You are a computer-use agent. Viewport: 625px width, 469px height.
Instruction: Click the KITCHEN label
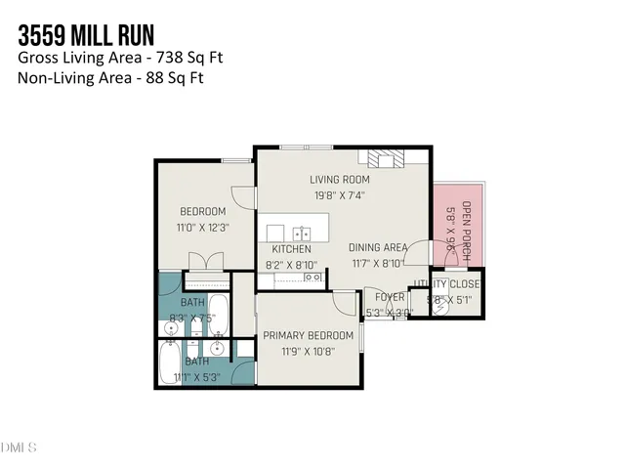click(291, 249)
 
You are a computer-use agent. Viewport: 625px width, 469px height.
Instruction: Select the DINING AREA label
click(378, 248)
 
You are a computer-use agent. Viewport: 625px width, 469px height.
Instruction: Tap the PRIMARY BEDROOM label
click(307, 337)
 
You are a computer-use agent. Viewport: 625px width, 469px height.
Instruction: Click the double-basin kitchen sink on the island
click(302, 234)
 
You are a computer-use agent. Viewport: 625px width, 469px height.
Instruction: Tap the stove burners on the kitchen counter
click(313, 278)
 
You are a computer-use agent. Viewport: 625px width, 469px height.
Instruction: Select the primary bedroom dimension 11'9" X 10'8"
click(307, 352)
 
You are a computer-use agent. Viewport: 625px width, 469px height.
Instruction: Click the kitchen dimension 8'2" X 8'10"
click(291, 264)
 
